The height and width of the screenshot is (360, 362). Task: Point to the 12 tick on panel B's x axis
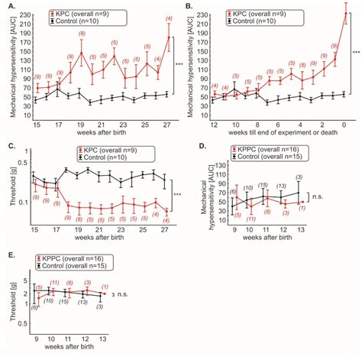click(x=214, y=124)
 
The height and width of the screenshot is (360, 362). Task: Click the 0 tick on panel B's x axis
click(x=347, y=124)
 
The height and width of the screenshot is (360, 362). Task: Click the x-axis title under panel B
click(x=279, y=134)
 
